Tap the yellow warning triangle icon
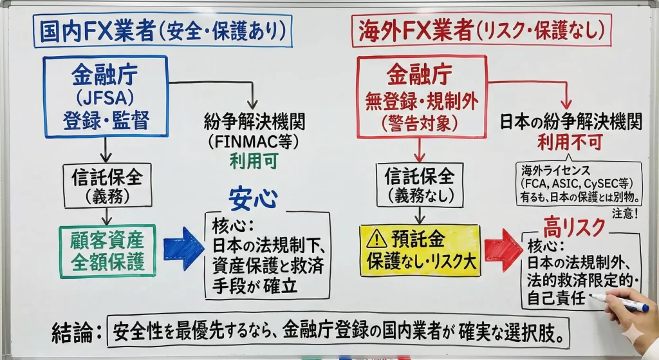[x=376, y=240]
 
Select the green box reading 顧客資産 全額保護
[x=108, y=251]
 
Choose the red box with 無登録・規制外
[x=422, y=96]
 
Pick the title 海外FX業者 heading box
[x=480, y=30]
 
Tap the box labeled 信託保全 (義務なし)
[x=420, y=184]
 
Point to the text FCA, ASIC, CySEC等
[x=579, y=182]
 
